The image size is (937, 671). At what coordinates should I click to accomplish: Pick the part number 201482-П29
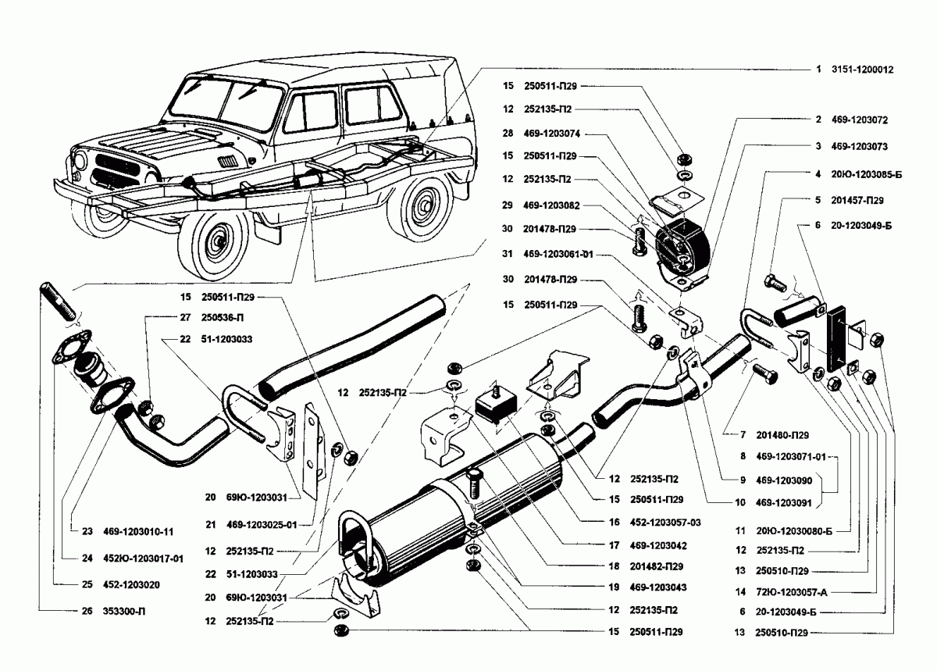coord(647,565)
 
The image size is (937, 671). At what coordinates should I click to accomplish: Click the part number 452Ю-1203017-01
coord(143,559)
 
